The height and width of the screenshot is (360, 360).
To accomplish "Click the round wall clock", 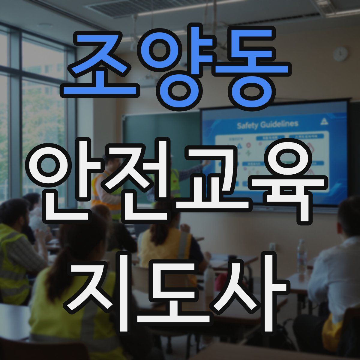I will (340, 54).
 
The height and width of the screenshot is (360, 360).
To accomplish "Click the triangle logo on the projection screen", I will (324, 121).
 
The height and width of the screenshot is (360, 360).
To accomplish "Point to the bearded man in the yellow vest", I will (15, 240).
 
